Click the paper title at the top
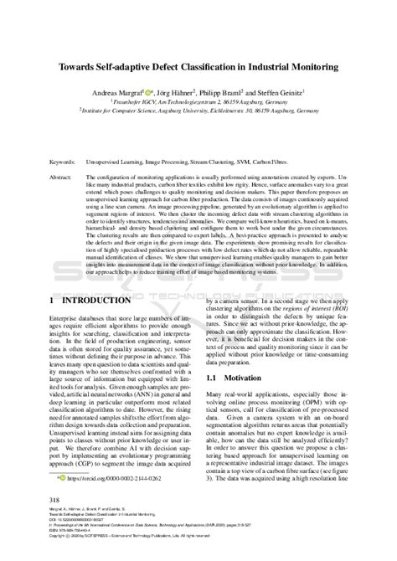click(x=198, y=65)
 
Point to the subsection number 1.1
click(x=213, y=355)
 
